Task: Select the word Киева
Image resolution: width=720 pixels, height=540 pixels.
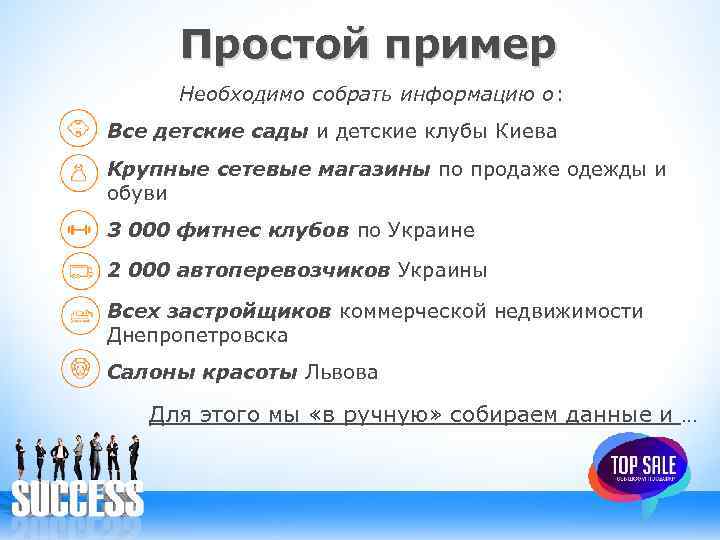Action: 524,131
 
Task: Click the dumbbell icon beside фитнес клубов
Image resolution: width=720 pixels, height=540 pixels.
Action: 79,230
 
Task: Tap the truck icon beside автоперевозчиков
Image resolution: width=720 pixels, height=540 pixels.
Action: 79,270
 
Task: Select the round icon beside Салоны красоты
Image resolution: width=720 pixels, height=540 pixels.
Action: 79,368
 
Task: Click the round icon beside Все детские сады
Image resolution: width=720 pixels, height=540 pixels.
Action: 79,131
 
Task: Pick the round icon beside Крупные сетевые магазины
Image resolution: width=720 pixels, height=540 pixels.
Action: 79,172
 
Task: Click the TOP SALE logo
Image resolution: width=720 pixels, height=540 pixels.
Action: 636,468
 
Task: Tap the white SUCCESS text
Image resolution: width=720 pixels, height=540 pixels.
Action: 77,498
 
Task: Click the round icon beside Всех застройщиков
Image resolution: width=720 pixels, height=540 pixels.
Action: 79,316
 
